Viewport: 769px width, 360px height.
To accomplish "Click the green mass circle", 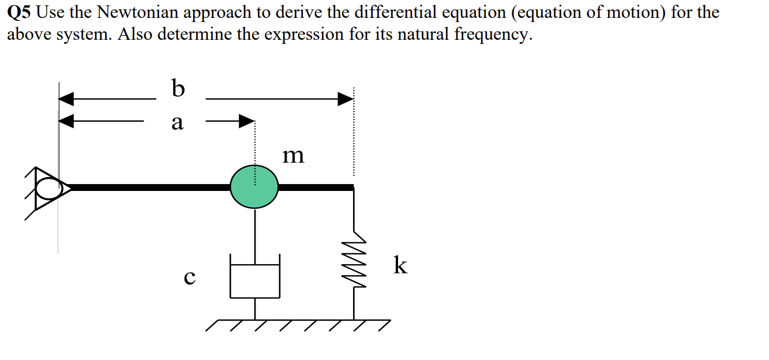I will click(254, 186).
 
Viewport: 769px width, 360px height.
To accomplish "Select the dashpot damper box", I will click(255, 277).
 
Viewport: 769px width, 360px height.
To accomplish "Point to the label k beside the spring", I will click(400, 265).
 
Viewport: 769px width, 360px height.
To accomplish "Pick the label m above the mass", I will click(293, 155).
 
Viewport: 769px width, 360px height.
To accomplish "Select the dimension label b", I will click(178, 89).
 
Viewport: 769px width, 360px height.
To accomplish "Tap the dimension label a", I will click(177, 122).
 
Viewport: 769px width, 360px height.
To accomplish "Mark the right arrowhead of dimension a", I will click(247, 121).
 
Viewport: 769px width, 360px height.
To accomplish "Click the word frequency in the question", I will click(491, 35).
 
